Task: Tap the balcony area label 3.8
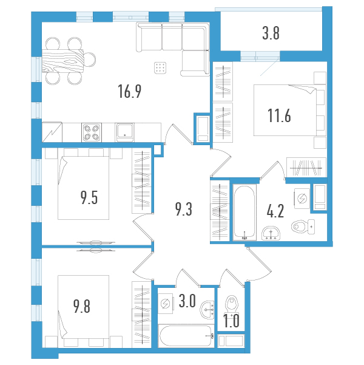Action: coord(271,34)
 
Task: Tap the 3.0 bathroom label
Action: coord(187,302)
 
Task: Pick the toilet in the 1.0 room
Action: coord(231,303)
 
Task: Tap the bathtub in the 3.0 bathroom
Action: coord(185,335)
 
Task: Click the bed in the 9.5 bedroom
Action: coord(83,186)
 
